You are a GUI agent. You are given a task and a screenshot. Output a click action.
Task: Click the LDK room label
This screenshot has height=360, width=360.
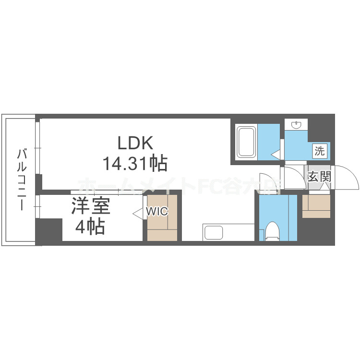coord(135,143)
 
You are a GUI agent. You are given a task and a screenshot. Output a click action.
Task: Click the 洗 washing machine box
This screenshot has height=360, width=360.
coord(319,151)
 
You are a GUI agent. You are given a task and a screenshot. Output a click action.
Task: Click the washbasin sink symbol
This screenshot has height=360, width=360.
coord(297,125)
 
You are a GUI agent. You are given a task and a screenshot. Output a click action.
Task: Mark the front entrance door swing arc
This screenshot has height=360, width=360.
coord(347,178)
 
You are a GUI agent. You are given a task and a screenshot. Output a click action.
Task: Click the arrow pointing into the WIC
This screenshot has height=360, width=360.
coord(137,212)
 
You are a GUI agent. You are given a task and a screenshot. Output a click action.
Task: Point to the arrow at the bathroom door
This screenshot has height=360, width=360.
coord(275,155)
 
